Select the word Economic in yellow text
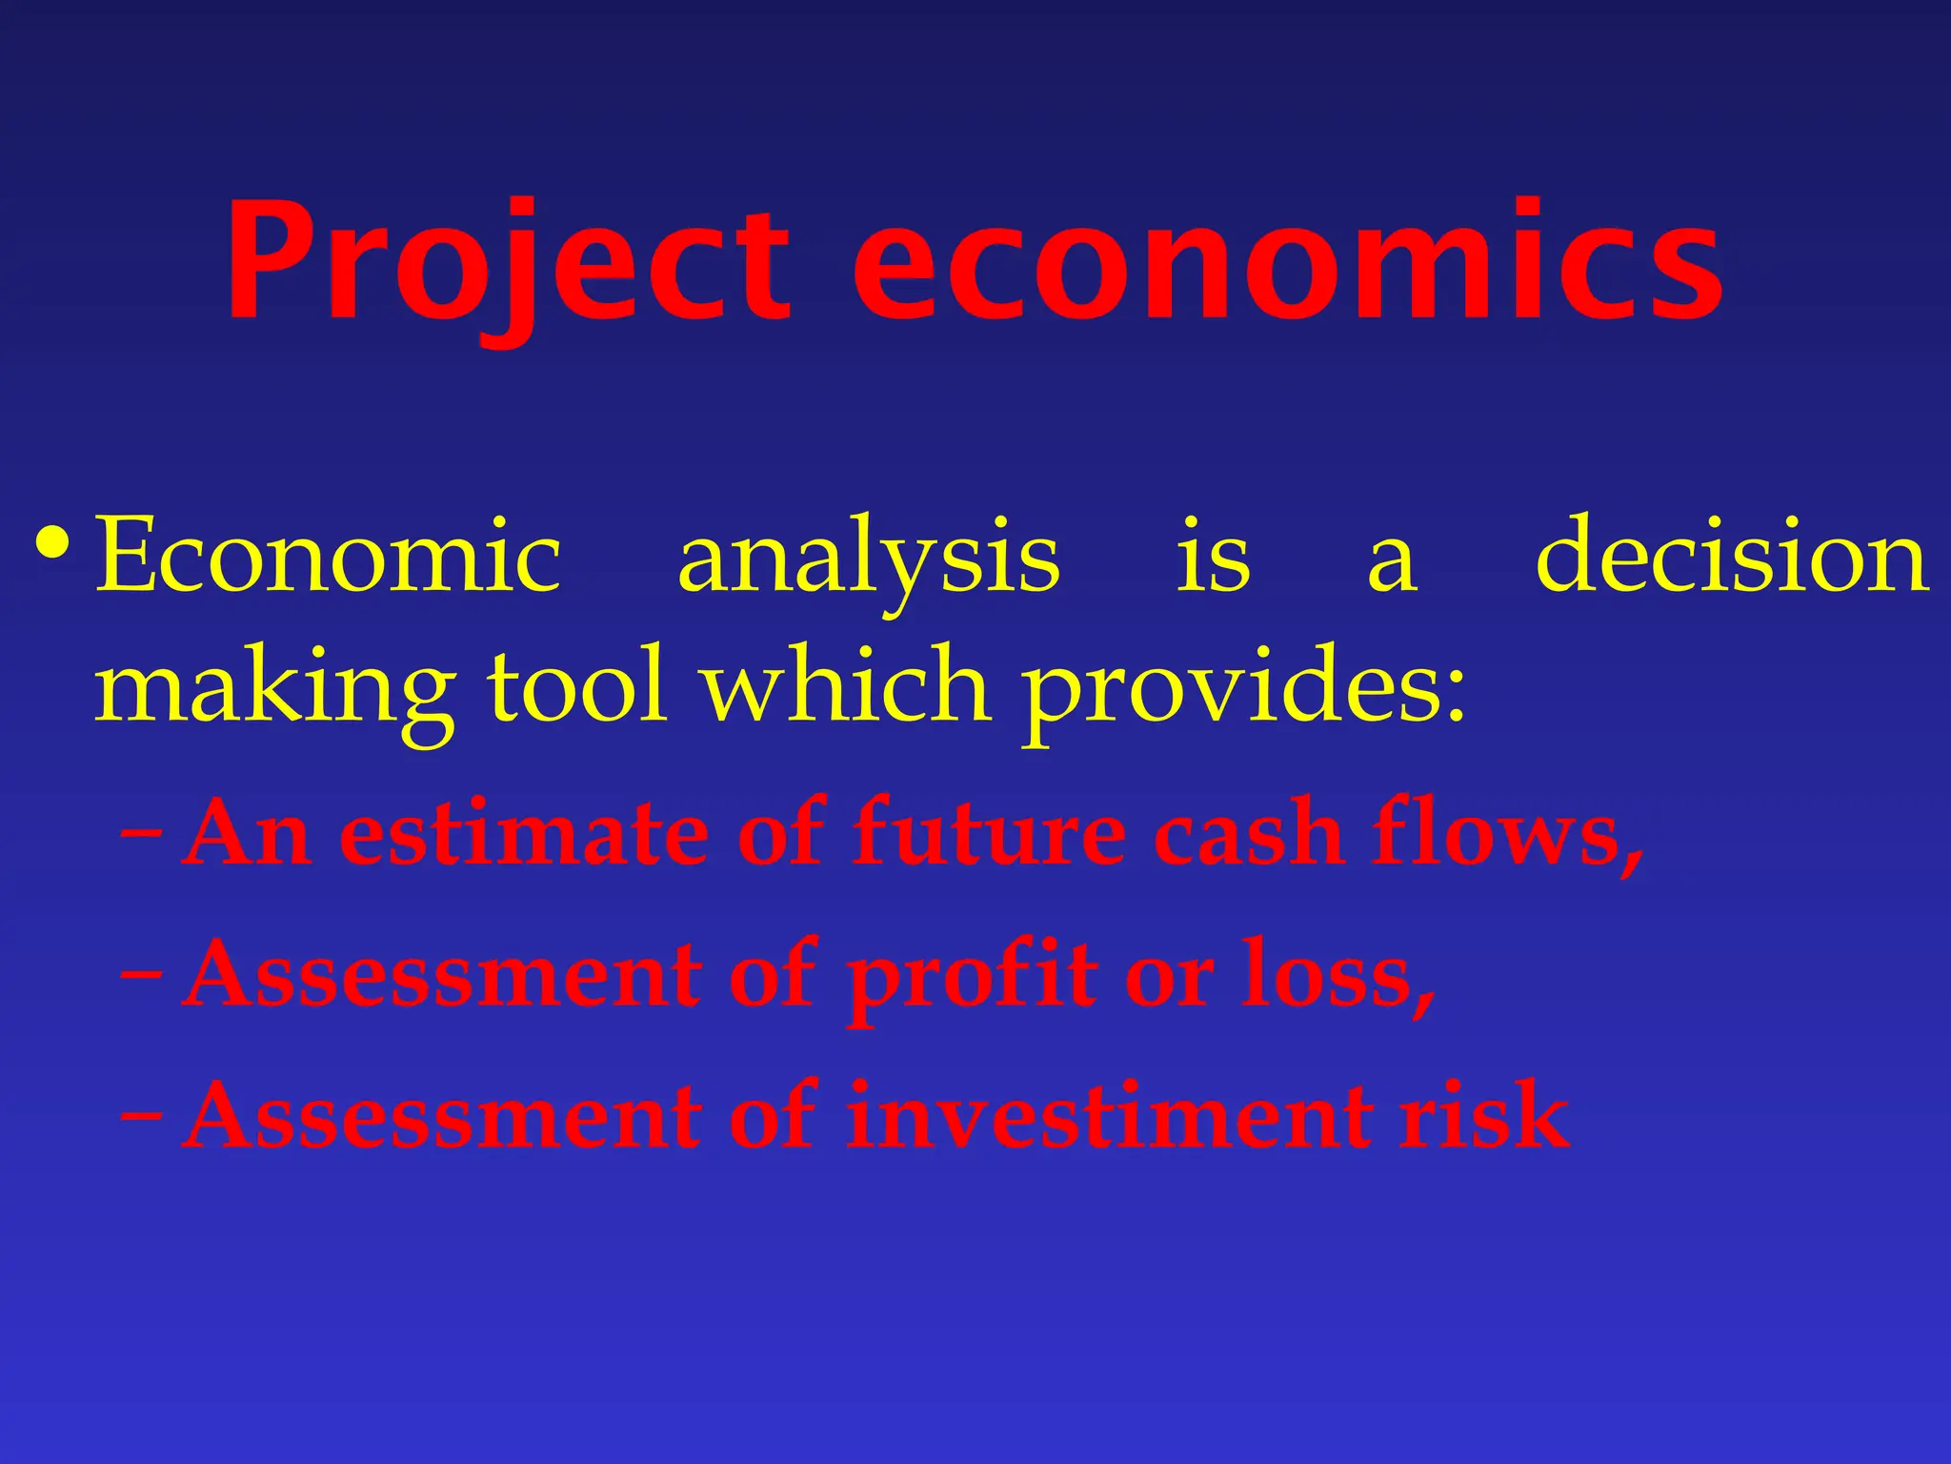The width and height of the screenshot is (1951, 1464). tap(329, 557)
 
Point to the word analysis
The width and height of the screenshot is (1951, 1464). tap(868, 562)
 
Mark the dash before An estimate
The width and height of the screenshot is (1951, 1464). tap(142, 835)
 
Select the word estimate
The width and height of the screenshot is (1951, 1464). tap(525, 833)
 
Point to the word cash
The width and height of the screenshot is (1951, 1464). tap(1249, 833)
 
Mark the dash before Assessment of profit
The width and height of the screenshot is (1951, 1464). tap(142, 976)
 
